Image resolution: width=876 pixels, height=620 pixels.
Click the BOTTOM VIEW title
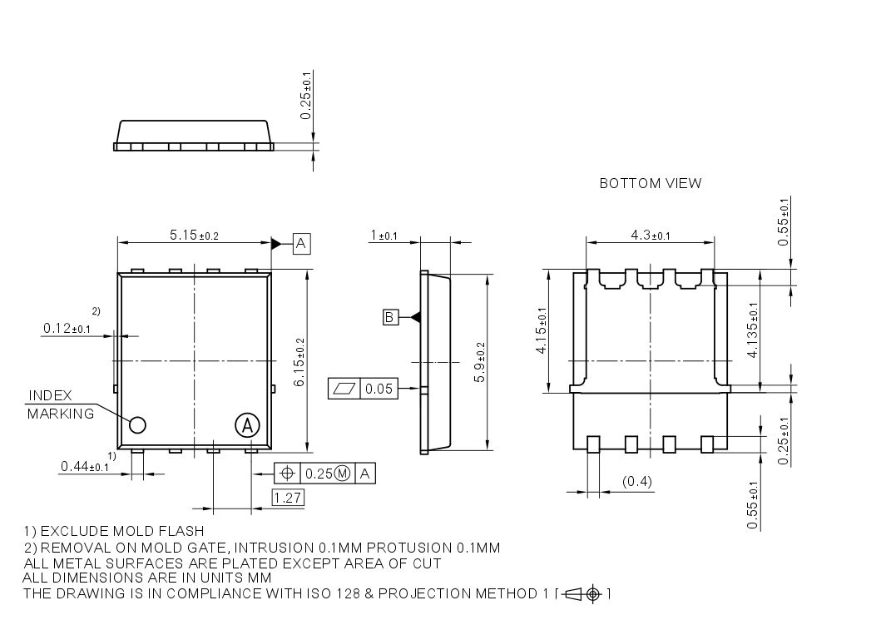pyautogui.click(x=650, y=183)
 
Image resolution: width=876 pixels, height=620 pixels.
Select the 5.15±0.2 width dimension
pyautogui.click(x=194, y=236)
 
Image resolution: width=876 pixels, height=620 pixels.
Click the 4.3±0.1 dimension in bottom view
pyautogui.click(x=650, y=236)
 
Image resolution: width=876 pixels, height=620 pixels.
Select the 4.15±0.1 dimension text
pyautogui.click(x=542, y=330)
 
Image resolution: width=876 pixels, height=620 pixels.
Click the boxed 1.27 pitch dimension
pyautogui.click(x=288, y=498)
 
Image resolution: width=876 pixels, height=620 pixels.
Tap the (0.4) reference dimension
pyautogui.click(x=637, y=482)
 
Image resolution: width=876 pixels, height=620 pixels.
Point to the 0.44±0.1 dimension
pyautogui.click(x=85, y=467)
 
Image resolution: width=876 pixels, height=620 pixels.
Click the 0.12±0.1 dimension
pyautogui.click(x=67, y=330)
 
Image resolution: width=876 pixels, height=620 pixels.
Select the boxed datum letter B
pyautogui.click(x=390, y=317)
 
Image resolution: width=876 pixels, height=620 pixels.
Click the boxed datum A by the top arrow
pyautogui.click(x=301, y=243)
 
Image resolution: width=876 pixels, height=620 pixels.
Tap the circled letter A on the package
pyautogui.click(x=246, y=425)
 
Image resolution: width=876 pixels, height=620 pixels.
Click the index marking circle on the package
pyautogui.click(x=137, y=425)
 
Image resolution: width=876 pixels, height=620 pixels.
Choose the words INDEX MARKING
pyautogui.click(x=62, y=404)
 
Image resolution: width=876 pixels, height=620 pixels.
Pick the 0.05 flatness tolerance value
pyautogui.click(x=379, y=388)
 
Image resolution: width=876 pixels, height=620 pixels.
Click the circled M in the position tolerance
pyautogui.click(x=342, y=474)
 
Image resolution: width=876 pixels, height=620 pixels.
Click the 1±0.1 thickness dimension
pyautogui.click(x=384, y=236)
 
